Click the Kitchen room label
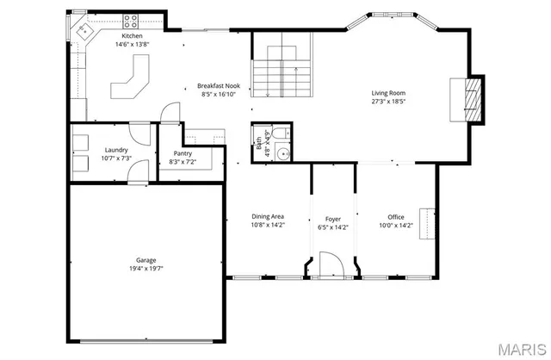tap(133, 37)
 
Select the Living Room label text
tap(388, 93)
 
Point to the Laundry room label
tap(115, 150)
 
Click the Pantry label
tap(183, 153)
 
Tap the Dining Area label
tap(267, 216)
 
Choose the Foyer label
tap(332, 219)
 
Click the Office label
tap(396, 217)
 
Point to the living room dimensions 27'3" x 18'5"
tap(388, 102)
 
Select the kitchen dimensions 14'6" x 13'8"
tap(133, 45)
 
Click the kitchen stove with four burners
tap(133, 21)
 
